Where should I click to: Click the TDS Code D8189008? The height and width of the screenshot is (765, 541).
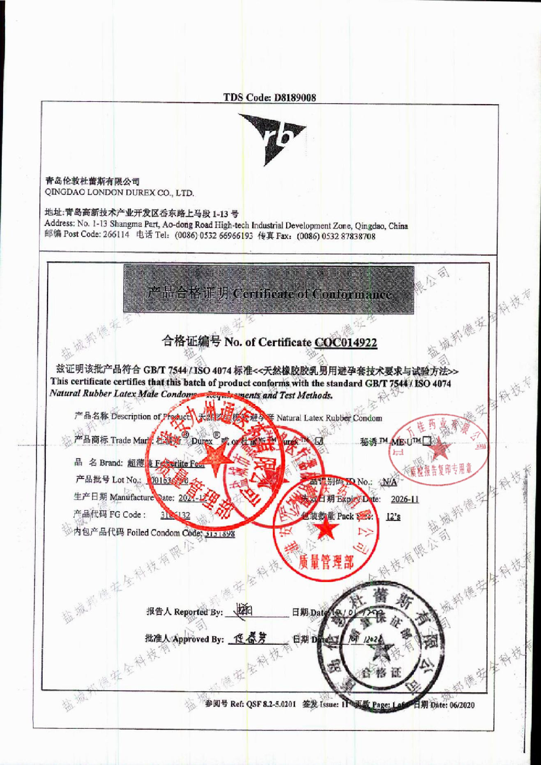[x=269, y=97]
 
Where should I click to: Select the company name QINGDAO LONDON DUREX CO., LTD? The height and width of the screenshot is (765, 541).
[x=119, y=192]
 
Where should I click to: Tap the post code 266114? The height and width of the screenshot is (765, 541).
[x=116, y=235]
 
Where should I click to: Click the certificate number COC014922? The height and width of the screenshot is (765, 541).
[x=346, y=342]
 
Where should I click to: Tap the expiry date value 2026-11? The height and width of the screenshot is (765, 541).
[x=405, y=499]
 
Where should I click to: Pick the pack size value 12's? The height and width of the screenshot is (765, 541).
[x=393, y=516]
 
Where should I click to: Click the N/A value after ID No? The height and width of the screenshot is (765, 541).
[x=389, y=482]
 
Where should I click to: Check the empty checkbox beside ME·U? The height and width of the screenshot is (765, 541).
[x=427, y=441]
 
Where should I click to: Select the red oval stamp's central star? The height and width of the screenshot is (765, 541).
[x=439, y=448]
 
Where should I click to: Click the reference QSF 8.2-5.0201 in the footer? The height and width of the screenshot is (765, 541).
[x=271, y=704]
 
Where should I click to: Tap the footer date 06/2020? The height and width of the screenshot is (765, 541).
[x=462, y=705]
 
